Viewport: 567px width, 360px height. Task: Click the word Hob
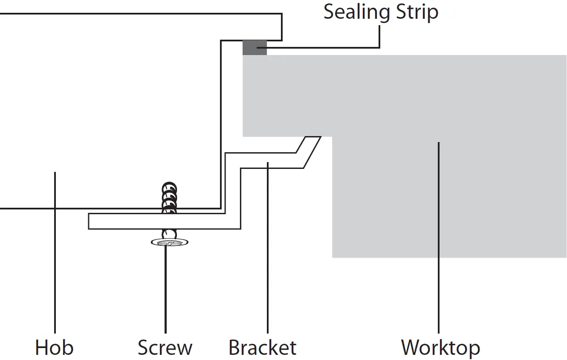54,348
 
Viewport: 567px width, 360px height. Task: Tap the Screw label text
165,348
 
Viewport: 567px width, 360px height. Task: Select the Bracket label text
262,348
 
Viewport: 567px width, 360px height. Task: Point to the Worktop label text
440,348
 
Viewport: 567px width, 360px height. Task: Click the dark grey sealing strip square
255,47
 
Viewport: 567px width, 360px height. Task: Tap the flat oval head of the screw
170,243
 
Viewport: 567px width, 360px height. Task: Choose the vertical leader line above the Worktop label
439,239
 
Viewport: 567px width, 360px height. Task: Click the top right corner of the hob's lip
281,15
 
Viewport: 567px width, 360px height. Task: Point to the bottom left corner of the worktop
333,257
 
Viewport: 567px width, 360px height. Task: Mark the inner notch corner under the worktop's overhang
333,137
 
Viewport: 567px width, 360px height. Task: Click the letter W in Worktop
410,348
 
